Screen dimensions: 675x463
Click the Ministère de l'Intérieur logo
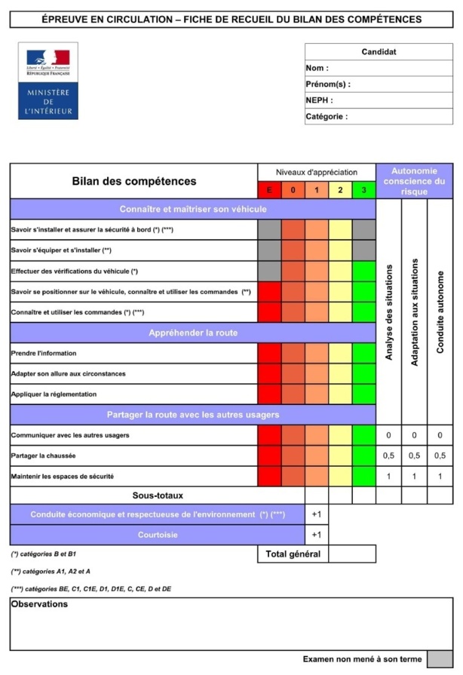(48, 81)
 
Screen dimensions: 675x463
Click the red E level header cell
(269, 190)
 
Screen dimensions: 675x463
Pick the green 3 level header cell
(363, 190)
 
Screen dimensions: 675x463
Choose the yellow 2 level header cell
(340, 190)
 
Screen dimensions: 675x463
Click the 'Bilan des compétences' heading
(133, 181)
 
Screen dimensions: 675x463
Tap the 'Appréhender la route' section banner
(193, 333)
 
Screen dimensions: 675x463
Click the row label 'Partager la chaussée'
(43, 456)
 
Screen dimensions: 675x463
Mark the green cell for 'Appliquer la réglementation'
(363, 394)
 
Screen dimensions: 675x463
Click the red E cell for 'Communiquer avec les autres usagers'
(269, 436)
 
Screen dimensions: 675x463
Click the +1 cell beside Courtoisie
(317, 535)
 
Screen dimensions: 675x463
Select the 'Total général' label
(293, 554)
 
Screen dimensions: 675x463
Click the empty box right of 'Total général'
(352, 554)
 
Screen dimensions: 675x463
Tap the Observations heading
(39, 604)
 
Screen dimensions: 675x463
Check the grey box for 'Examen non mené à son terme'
(440, 659)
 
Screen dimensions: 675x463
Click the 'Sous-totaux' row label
(158, 496)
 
